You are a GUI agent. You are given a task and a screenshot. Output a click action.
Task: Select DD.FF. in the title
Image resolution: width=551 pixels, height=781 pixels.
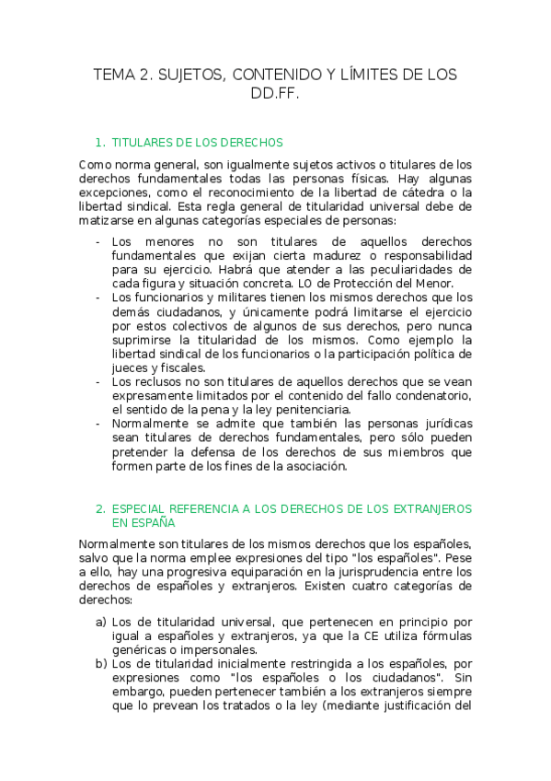tap(275, 93)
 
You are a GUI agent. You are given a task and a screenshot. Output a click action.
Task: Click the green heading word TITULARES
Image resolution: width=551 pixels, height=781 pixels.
tap(139, 143)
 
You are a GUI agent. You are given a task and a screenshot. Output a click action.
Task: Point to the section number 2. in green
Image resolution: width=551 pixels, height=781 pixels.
tap(100, 508)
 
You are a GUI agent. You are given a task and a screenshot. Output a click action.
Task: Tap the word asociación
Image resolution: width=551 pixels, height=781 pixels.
tap(314, 465)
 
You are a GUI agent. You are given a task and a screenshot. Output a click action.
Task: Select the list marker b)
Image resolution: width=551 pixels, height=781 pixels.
tap(101, 664)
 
